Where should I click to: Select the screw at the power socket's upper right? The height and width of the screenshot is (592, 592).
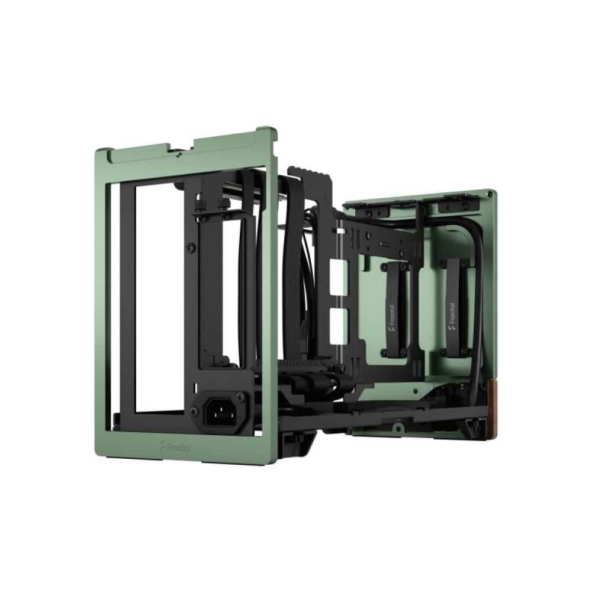[x=240, y=395]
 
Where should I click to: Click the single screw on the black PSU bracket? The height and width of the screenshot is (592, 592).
[x=191, y=247]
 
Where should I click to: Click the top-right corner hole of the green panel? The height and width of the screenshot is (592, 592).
[x=490, y=194]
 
